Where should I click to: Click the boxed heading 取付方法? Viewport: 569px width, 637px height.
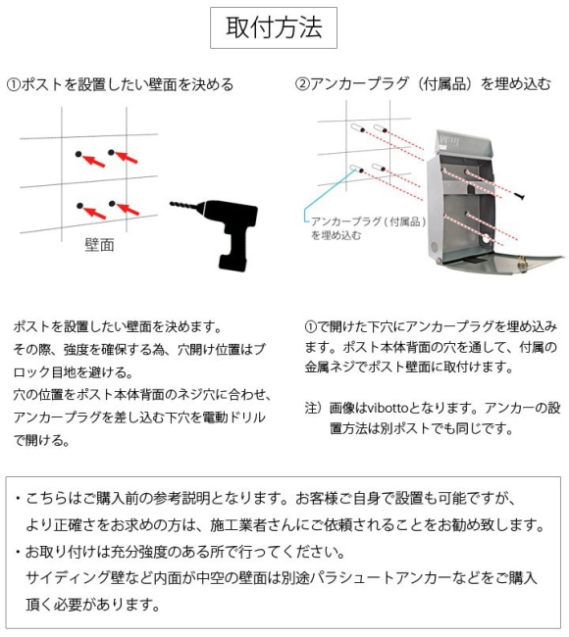274,27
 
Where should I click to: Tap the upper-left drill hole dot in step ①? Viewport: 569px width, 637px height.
78,153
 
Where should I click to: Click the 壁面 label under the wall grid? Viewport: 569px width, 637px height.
98,245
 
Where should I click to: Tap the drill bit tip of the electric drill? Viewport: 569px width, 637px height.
173,206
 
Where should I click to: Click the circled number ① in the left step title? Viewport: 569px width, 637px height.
13,84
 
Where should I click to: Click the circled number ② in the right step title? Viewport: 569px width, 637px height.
303,84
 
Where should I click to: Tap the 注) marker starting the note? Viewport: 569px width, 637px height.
314,407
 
